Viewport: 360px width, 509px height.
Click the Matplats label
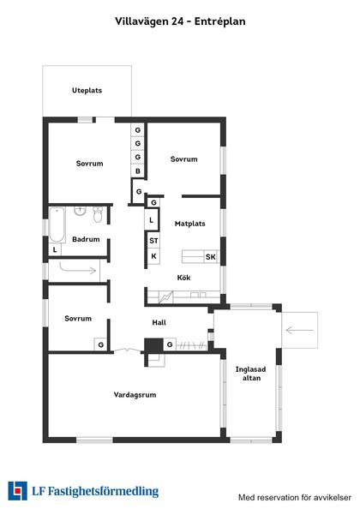click(189, 224)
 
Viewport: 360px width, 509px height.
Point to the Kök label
click(183, 278)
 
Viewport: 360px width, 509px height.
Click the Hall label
click(159, 322)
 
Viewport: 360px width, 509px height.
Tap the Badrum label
click(86, 239)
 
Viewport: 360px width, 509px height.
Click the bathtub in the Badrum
click(57, 223)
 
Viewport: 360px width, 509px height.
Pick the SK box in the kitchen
click(210, 256)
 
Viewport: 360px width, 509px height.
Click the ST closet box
click(154, 241)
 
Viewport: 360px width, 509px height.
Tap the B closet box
click(137, 171)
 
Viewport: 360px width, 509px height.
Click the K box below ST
click(154, 256)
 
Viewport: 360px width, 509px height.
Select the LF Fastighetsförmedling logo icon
click(17, 491)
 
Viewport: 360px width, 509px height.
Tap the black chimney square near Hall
click(153, 344)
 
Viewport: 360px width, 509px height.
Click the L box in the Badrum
click(55, 249)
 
